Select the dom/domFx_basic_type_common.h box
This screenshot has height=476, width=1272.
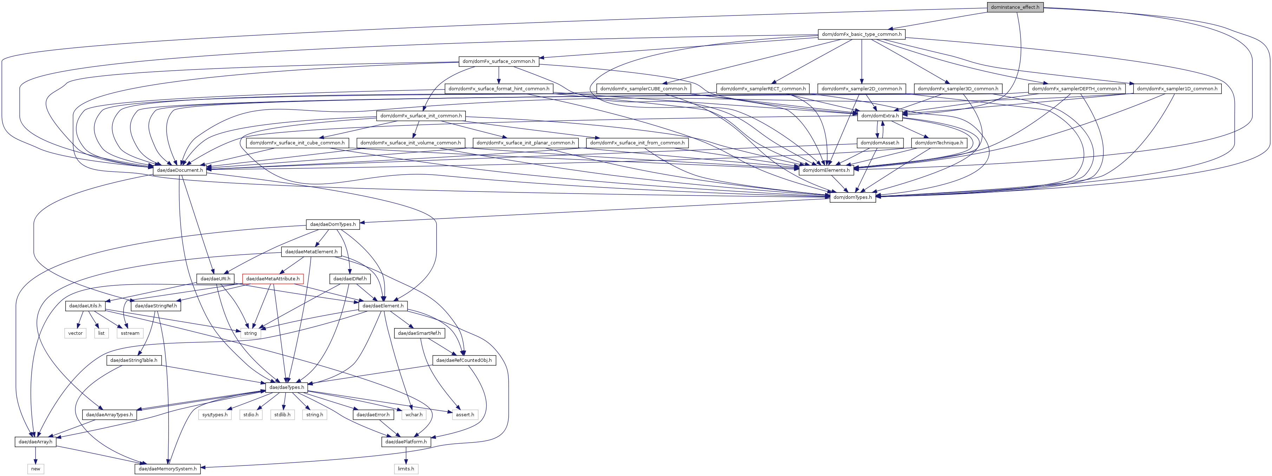pos(861,34)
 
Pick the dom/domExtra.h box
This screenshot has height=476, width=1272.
pos(880,116)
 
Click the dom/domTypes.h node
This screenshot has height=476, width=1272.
pos(853,197)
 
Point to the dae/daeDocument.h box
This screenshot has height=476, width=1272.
pos(180,170)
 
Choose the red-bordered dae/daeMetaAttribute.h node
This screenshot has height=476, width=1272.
pos(273,279)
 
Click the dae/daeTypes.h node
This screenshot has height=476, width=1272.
pos(286,387)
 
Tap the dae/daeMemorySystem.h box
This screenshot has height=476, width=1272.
pos(168,469)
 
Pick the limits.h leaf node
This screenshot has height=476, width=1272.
pos(406,469)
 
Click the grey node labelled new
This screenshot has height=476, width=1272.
pos(35,469)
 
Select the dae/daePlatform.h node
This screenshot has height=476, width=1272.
pos(406,442)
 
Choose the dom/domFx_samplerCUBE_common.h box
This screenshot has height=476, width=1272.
pos(643,89)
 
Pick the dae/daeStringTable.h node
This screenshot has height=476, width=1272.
pos(134,360)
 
